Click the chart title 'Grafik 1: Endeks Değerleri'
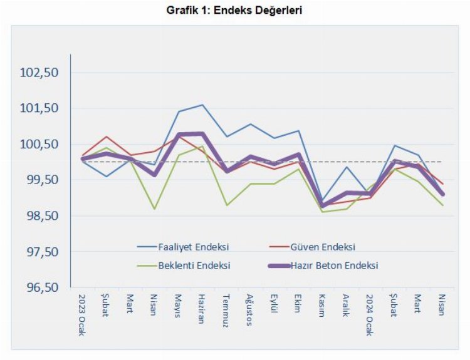point(236,11)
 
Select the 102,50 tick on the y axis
point(39,73)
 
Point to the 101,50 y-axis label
point(39,108)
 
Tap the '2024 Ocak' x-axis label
point(370,314)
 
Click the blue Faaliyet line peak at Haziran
point(202,105)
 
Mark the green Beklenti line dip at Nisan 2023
point(154,208)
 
